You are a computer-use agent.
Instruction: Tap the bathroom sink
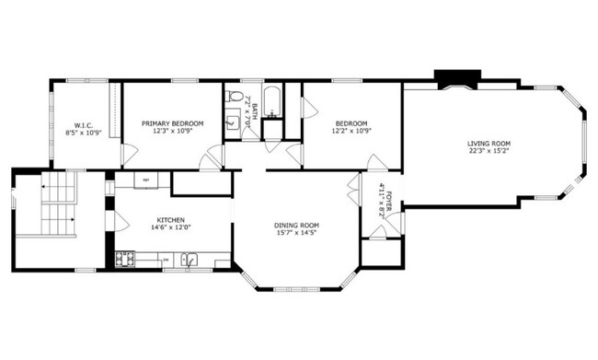[x=231, y=120]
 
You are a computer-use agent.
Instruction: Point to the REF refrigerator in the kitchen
[x=145, y=180]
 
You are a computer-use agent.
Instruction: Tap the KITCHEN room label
[x=171, y=220]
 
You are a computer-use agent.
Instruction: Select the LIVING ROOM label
[x=489, y=144]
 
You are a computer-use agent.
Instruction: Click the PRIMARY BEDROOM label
[x=172, y=123]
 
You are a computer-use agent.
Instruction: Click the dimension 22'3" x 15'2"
[x=489, y=152]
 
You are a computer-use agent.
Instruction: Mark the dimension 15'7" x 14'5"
[x=295, y=234]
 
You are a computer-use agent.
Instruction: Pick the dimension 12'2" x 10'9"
[x=351, y=131]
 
